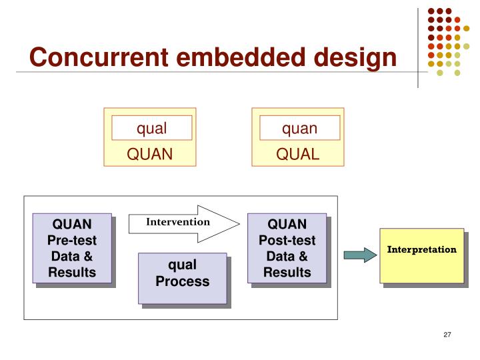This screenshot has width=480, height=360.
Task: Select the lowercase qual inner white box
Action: coord(151,127)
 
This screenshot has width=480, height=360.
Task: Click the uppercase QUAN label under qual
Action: coord(150,155)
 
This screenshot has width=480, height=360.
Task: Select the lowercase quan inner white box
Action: coord(299,127)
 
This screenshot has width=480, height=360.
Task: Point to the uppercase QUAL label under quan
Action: coord(299,155)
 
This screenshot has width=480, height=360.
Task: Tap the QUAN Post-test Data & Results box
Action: coord(287,247)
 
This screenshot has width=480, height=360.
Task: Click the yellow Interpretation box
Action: coord(422,255)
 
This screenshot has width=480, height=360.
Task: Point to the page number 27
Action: coord(447,335)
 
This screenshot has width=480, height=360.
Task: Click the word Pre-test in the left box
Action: coord(72,240)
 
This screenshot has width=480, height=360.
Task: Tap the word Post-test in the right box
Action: coord(287,240)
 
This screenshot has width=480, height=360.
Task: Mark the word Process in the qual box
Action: coord(182,281)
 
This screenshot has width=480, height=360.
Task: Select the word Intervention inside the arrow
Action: coord(178,221)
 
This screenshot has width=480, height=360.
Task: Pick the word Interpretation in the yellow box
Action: coord(422,250)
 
